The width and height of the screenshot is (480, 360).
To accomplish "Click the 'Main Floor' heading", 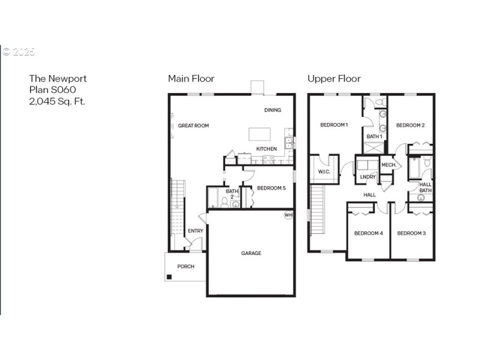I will [x=191, y=79].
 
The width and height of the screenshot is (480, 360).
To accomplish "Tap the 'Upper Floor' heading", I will [x=334, y=79].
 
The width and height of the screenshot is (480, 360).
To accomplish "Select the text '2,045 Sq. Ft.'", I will [x=57, y=101].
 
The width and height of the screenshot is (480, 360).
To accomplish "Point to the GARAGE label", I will [x=251, y=253].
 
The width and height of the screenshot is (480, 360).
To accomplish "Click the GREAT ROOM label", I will [x=193, y=125].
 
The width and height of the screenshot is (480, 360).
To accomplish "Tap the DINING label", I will [x=272, y=110].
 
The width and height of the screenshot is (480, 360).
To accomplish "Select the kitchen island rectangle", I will [x=259, y=133].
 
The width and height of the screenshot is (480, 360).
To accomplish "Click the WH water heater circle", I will [x=288, y=215].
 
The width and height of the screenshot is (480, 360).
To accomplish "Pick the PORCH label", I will [x=185, y=266].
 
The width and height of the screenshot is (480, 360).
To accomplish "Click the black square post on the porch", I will [x=170, y=277].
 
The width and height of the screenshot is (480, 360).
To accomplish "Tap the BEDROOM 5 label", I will [x=271, y=188].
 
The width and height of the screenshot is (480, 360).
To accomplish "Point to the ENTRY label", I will [x=195, y=231].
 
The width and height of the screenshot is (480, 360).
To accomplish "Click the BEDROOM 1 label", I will [x=334, y=125].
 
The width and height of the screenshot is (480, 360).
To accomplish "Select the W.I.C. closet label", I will [x=324, y=173].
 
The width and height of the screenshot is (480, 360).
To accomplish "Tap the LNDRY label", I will [x=367, y=177].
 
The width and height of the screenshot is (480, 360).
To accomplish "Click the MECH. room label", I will [x=388, y=164].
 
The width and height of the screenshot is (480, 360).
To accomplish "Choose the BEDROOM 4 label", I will [x=368, y=233].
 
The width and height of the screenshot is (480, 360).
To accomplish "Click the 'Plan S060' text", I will [x=52, y=90].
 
